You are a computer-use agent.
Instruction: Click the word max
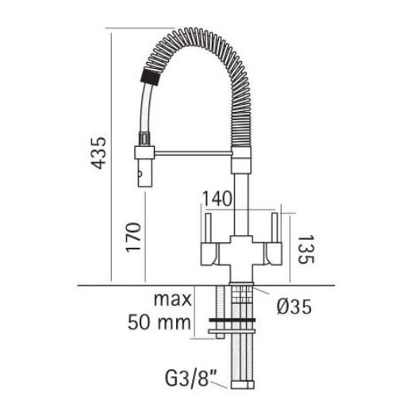174,302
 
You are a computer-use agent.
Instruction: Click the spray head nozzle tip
144,176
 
